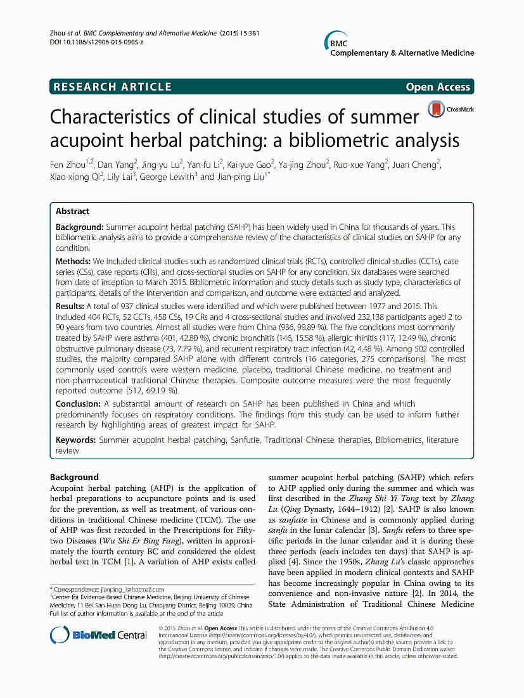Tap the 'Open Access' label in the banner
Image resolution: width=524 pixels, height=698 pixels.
coord(438,87)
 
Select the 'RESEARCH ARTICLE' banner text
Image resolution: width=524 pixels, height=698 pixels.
coord(113,87)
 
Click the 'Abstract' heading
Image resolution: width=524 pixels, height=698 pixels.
coord(72,212)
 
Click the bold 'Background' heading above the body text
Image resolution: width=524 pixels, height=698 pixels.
coord(74,477)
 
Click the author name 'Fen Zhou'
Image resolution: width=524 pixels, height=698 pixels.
coord(68,165)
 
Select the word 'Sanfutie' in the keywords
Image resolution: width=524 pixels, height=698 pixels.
coord(243,440)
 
